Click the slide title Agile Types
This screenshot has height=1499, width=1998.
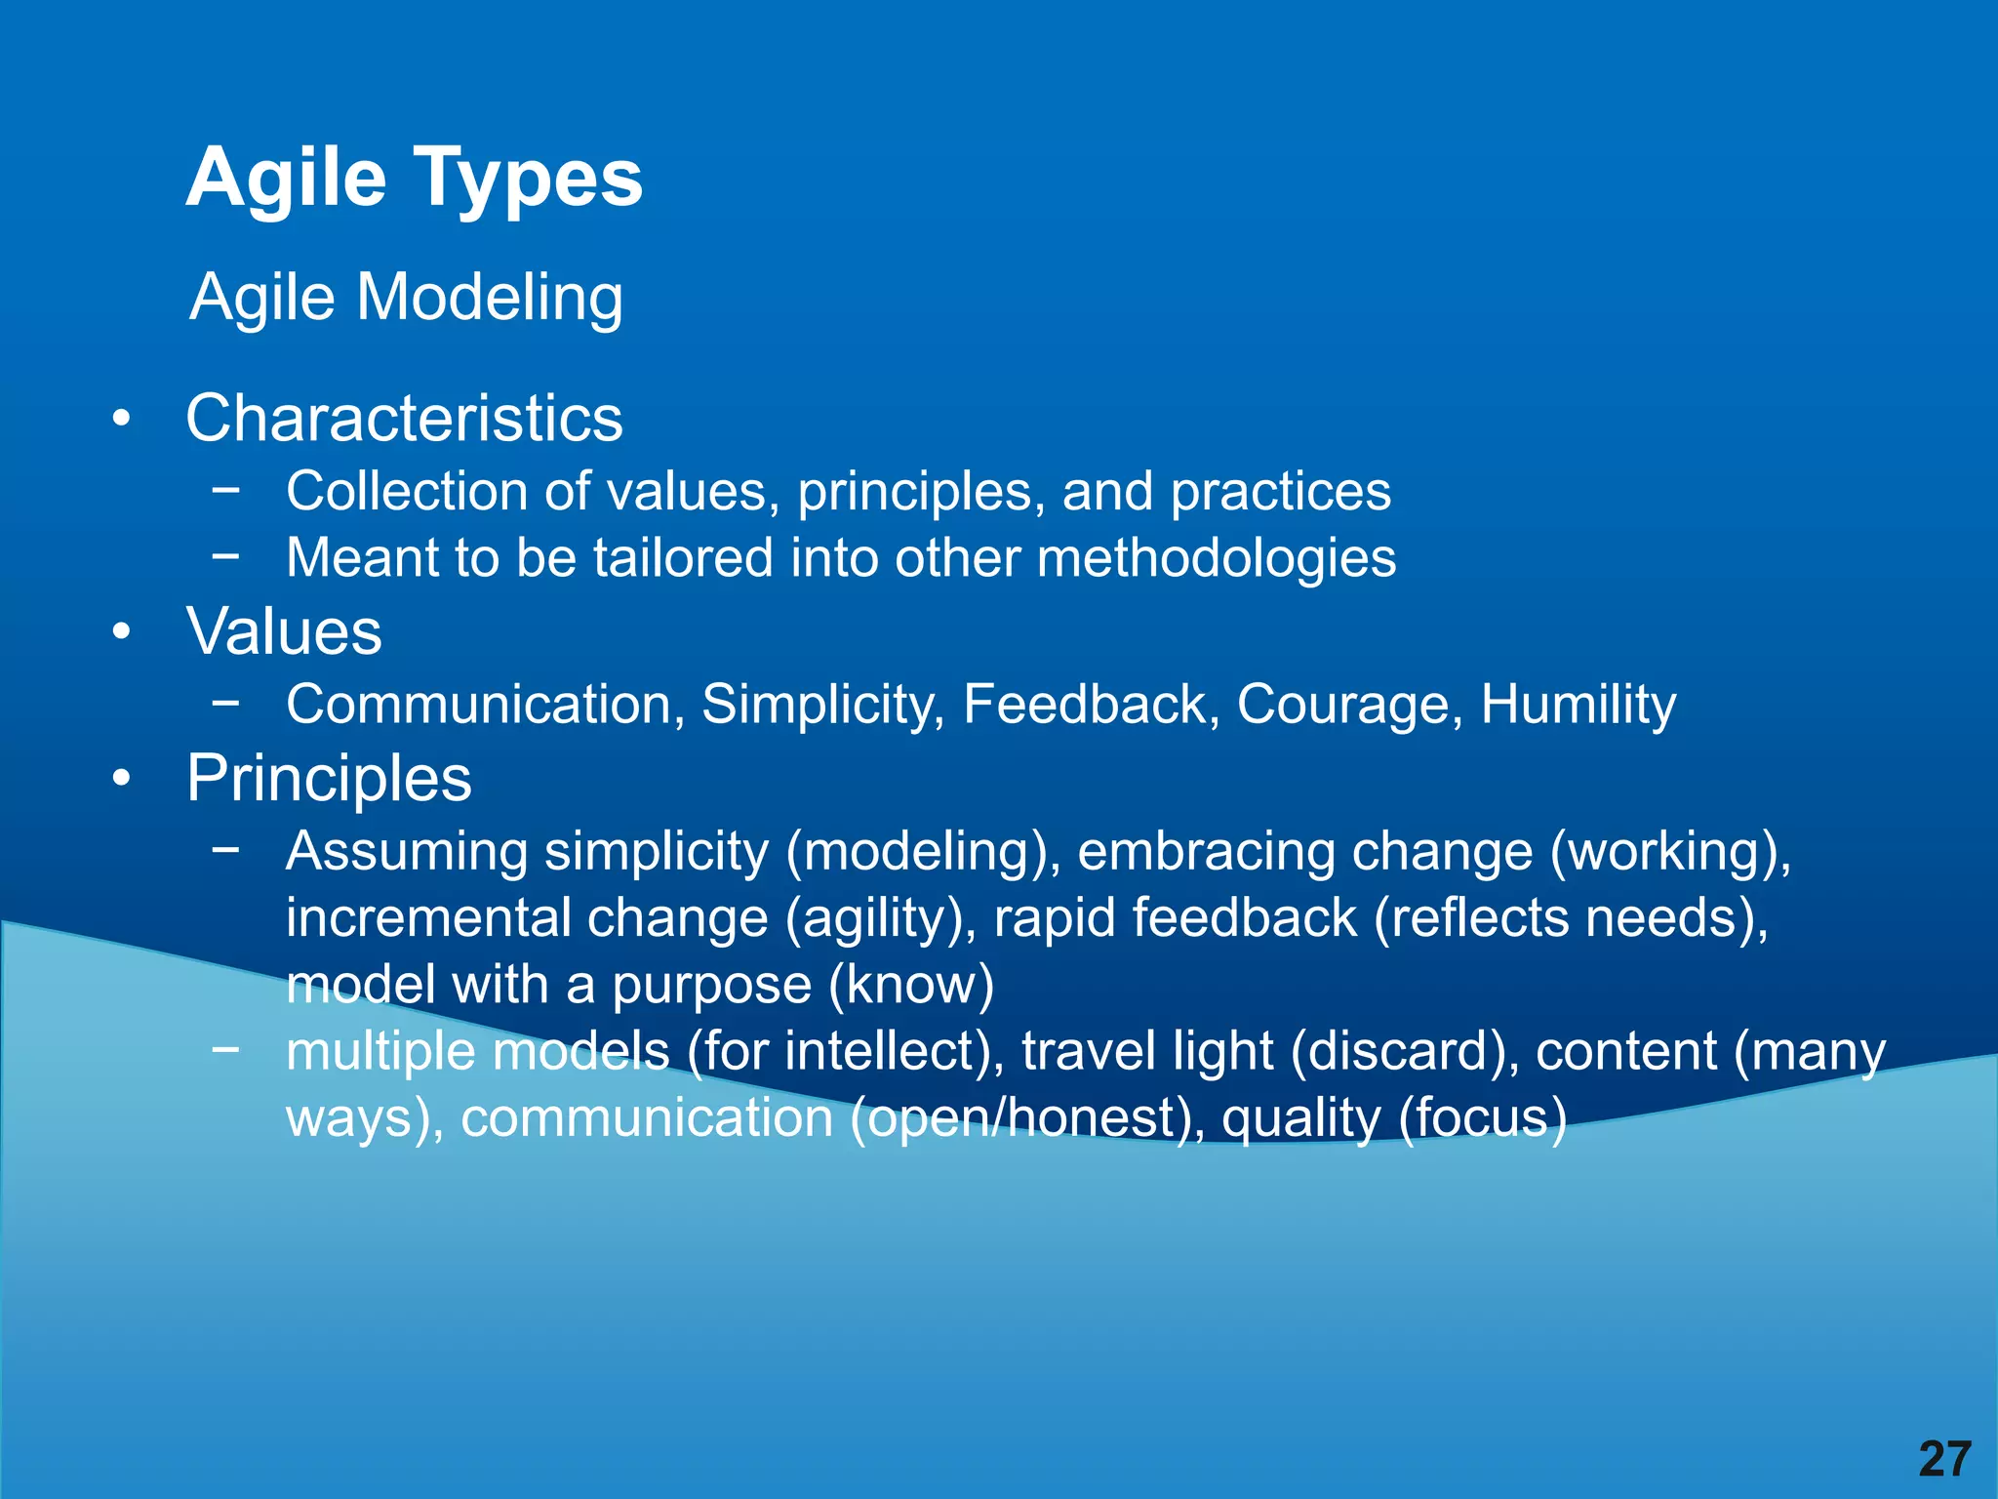pyautogui.click(x=415, y=179)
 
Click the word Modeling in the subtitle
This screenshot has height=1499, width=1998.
pyautogui.click(x=490, y=297)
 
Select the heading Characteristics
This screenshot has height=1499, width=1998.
pyautogui.click(x=404, y=419)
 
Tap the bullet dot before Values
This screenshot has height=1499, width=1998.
pyautogui.click(x=121, y=632)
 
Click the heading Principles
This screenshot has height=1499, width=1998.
pyautogui.click(x=329, y=779)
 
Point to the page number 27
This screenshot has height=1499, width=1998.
pyautogui.click(x=1944, y=1459)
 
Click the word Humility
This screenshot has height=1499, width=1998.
pyautogui.click(x=1578, y=705)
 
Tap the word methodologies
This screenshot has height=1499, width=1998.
pyautogui.click(x=1216, y=558)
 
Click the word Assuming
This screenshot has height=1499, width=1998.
pyautogui.click(x=407, y=851)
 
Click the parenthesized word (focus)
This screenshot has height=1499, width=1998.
pyautogui.click(x=1482, y=1118)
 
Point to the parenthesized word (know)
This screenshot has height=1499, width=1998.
pyautogui.click(x=911, y=985)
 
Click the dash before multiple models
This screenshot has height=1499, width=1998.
pyautogui.click(x=225, y=1050)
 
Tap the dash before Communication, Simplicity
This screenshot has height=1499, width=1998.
pyautogui.click(x=225, y=703)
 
